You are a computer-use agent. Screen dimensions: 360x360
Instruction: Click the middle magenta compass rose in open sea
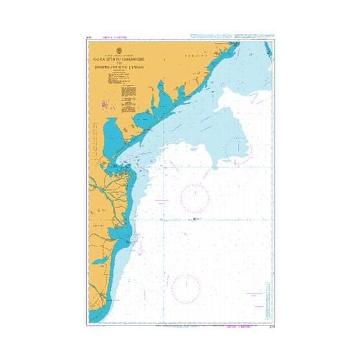point(194,198)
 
